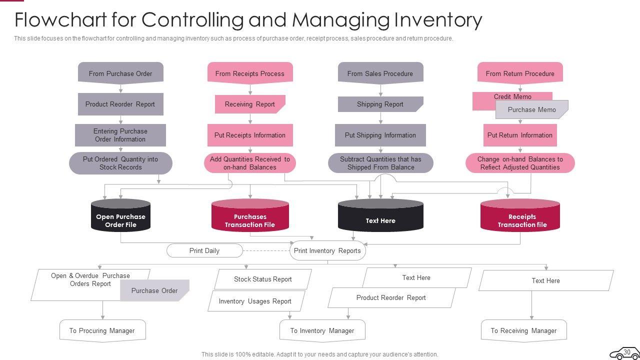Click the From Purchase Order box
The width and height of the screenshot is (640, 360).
point(120,73)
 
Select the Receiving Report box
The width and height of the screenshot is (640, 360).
point(249,104)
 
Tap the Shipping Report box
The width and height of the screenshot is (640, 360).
point(380,104)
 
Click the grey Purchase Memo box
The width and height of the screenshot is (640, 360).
point(531,109)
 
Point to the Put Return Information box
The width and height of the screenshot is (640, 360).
point(519,135)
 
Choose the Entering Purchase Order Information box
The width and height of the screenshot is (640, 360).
point(120,135)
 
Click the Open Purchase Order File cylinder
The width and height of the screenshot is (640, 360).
point(120,217)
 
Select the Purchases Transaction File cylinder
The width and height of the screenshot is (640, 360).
point(250,217)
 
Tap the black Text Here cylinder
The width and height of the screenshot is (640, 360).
point(380,217)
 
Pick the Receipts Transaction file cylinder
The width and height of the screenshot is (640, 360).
point(520,217)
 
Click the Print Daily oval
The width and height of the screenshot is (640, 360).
point(204,250)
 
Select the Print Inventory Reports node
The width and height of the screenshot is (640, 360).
point(327,250)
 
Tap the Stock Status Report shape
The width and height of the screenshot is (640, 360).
point(262,279)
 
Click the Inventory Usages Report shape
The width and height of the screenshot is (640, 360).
point(255,301)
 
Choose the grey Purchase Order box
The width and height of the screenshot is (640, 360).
point(154,290)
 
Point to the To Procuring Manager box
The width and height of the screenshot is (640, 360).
point(102,330)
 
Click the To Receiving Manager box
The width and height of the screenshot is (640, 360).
point(523,330)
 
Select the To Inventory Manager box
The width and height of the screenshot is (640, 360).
point(322,330)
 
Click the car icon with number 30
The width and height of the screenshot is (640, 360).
point(624,352)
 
